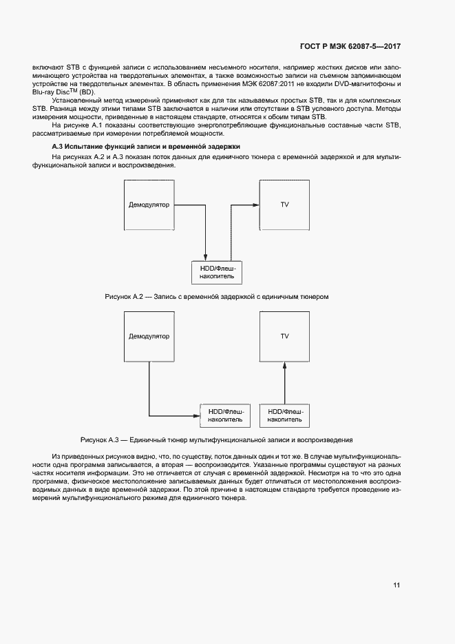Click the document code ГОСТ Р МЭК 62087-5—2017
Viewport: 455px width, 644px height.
[350, 47]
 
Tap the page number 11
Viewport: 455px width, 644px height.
[396, 585]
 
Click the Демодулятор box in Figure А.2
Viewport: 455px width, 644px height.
[149, 205]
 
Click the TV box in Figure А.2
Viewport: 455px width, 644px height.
[284, 205]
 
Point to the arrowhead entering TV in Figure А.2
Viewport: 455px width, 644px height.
[255, 205]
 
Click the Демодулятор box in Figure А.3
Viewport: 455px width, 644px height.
[149, 336]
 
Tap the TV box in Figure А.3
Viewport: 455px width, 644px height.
[284, 336]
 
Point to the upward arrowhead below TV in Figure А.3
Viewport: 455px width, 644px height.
[284, 366]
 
